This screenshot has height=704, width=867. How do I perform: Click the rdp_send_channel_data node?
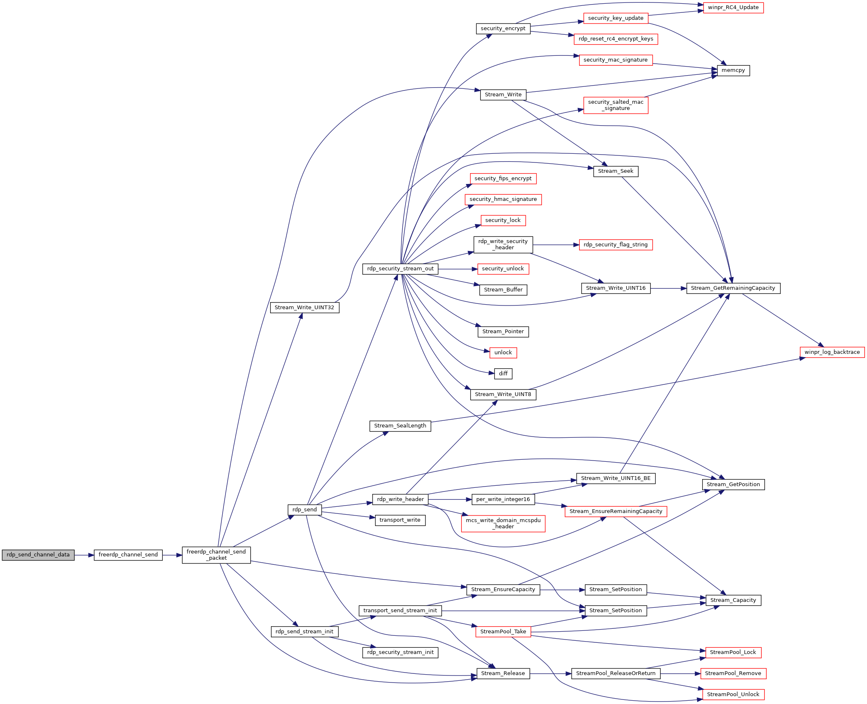(38, 555)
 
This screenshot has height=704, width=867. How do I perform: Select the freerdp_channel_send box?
(128, 555)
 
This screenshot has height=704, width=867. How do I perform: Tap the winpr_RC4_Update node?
(733, 7)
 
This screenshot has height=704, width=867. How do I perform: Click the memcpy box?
(733, 70)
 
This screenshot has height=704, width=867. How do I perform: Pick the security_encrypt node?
(503, 29)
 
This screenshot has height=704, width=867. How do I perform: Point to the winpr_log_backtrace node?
(832, 352)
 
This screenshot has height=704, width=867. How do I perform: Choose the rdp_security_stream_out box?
(400, 269)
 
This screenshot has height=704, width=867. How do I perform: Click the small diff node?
(503, 374)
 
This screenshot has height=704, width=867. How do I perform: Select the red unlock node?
(503, 353)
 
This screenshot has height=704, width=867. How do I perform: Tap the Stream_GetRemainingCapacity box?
(733, 288)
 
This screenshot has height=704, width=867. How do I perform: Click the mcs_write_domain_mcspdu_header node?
(503, 523)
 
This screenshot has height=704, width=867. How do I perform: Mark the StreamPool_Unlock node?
(733, 694)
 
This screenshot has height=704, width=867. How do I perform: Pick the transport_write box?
(400, 520)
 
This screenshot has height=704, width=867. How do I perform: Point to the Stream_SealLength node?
(400, 426)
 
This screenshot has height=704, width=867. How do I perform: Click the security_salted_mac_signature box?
(615, 105)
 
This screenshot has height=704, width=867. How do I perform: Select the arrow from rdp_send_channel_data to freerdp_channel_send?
(84, 555)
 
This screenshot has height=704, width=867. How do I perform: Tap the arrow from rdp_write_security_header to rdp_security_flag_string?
(556, 245)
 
